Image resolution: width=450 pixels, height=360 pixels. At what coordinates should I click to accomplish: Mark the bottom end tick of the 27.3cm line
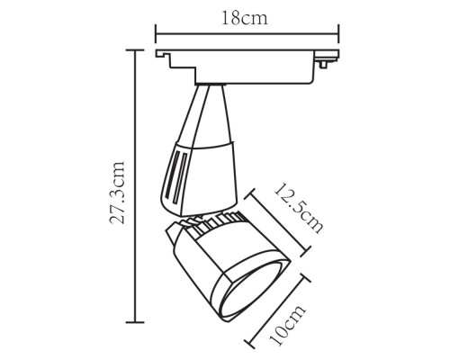[136, 321]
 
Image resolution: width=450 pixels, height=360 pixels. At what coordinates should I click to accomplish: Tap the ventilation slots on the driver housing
[176, 175]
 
